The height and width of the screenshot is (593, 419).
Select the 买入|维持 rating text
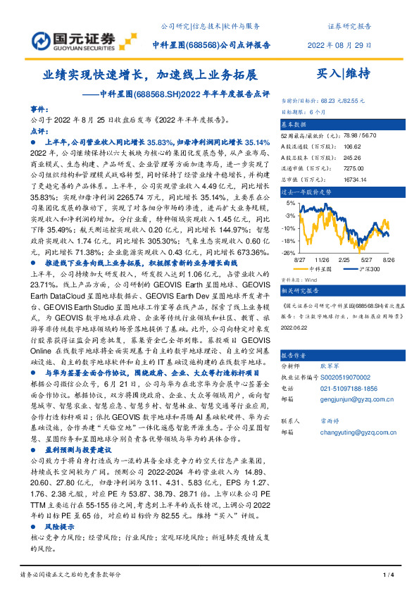[x=344, y=73]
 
